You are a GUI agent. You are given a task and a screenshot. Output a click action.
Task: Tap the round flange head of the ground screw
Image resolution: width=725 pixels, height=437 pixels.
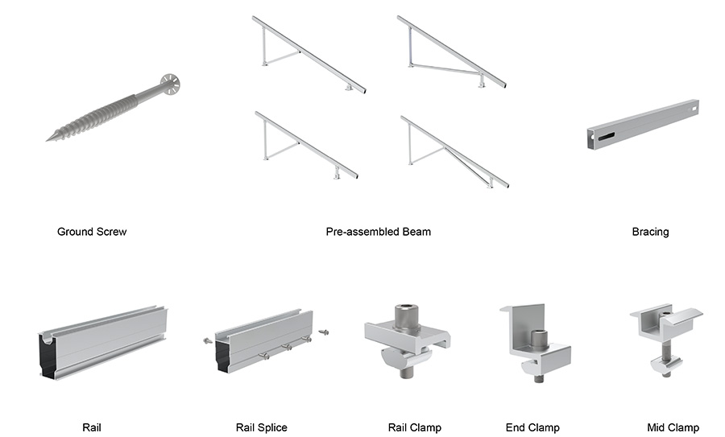169,82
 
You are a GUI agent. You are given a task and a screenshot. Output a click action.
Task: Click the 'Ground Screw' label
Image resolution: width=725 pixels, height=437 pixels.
92,232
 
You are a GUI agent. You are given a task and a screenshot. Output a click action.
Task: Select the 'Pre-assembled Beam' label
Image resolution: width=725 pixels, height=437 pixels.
378,232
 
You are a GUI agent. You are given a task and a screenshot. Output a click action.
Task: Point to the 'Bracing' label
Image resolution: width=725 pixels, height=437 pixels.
650,232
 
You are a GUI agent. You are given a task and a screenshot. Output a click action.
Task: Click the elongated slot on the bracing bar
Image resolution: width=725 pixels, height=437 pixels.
605,136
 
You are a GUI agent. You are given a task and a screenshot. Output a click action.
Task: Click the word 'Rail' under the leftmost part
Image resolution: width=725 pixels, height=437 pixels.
92,427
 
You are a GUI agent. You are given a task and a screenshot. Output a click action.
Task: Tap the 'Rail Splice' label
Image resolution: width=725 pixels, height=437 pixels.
261,427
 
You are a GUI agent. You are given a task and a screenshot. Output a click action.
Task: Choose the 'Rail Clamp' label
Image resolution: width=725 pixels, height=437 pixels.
414,427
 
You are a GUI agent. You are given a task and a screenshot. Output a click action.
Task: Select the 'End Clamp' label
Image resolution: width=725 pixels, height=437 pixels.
532,427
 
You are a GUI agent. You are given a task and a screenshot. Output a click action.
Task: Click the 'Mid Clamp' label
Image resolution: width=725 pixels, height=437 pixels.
673,427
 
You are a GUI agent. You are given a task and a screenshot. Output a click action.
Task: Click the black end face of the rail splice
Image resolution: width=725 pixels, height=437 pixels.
224,354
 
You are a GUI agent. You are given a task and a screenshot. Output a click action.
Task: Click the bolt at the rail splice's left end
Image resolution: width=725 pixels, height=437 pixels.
207,340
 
